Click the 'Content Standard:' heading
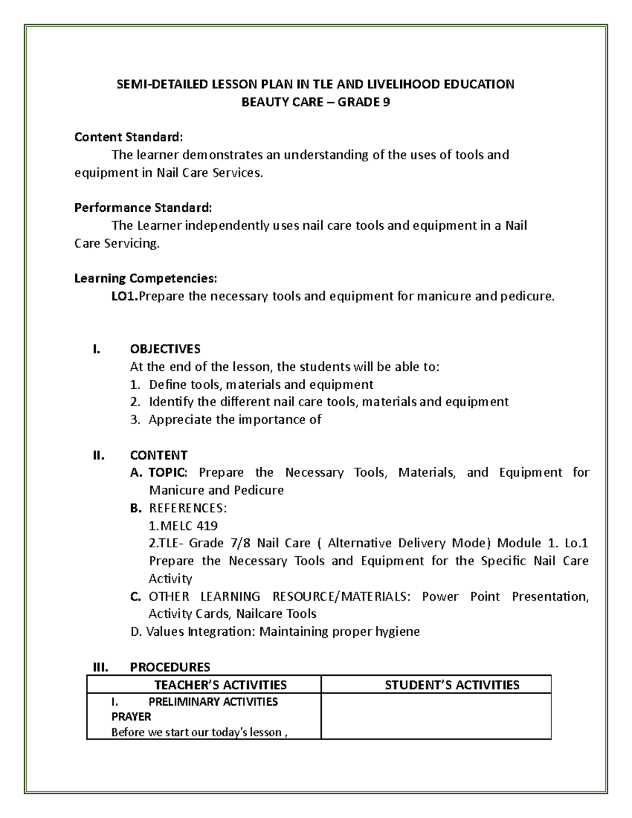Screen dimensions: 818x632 point(129,137)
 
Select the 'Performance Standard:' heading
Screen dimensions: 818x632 point(143,208)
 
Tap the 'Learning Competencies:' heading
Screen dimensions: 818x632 point(145,278)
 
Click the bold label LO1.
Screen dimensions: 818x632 point(124,296)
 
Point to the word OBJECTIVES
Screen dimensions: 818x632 point(165,349)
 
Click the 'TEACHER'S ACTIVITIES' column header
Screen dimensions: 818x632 point(220,685)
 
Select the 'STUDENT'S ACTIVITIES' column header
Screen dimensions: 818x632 point(452,685)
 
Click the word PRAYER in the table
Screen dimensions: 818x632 point(131,717)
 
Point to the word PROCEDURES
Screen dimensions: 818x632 point(170,667)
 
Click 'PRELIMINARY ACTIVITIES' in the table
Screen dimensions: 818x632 point(213,702)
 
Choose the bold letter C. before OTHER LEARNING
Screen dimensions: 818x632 point(136,596)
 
